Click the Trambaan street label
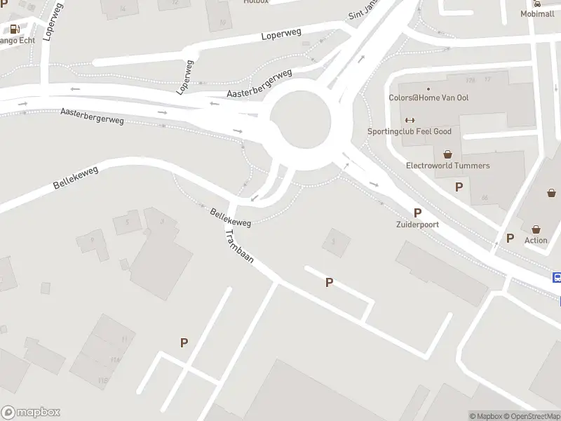(x=239, y=247)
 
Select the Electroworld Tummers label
(x=448, y=166)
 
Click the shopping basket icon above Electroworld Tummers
(x=447, y=153)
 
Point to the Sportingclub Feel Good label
(x=419, y=131)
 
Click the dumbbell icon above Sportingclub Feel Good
(x=410, y=119)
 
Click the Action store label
(x=536, y=240)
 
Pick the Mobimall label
(x=537, y=13)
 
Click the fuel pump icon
(x=14, y=29)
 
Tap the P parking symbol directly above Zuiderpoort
(x=418, y=213)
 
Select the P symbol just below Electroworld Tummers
(x=459, y=187)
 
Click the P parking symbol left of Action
(x=510, y=238)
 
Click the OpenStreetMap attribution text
(x=532, y=416)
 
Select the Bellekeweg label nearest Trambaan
(x=230, y=217)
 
